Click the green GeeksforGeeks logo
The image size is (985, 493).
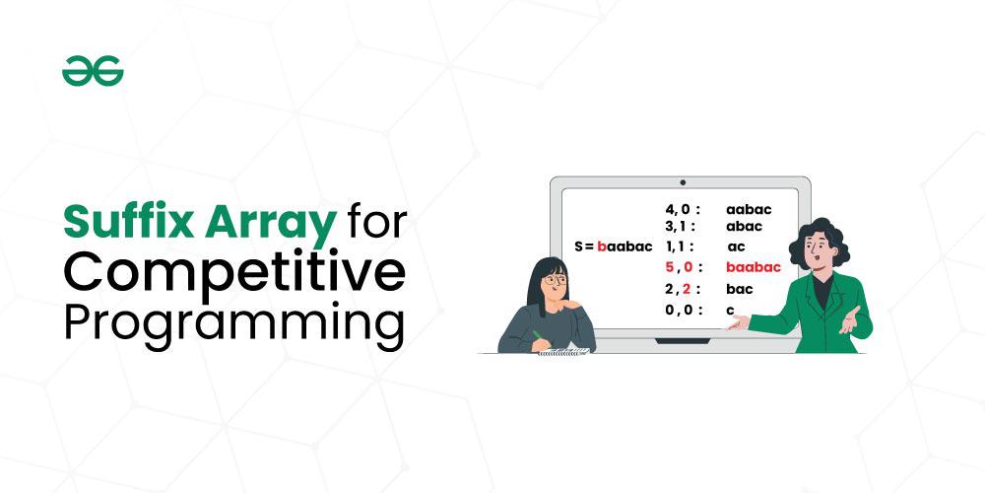(x=93, y=71)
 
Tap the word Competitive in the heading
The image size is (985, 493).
(x=234, y=273)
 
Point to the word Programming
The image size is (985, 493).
(x=233, y=323)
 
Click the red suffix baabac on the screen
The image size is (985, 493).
(x=754, y=267)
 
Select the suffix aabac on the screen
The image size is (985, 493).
(x=749, y=209)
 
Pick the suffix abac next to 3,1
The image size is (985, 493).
(x=744, y=227)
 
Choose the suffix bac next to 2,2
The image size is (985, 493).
(x=740, y=289)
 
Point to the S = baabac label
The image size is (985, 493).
(x=613, y=246)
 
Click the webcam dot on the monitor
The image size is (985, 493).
(x=683, y=182)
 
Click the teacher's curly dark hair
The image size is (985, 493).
(x=820, y=243)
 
